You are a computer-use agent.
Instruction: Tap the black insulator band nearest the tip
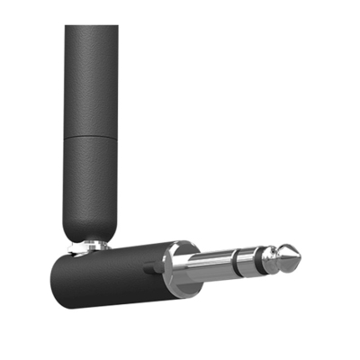(273, 261)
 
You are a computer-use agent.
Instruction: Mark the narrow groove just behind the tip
(280, 260)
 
